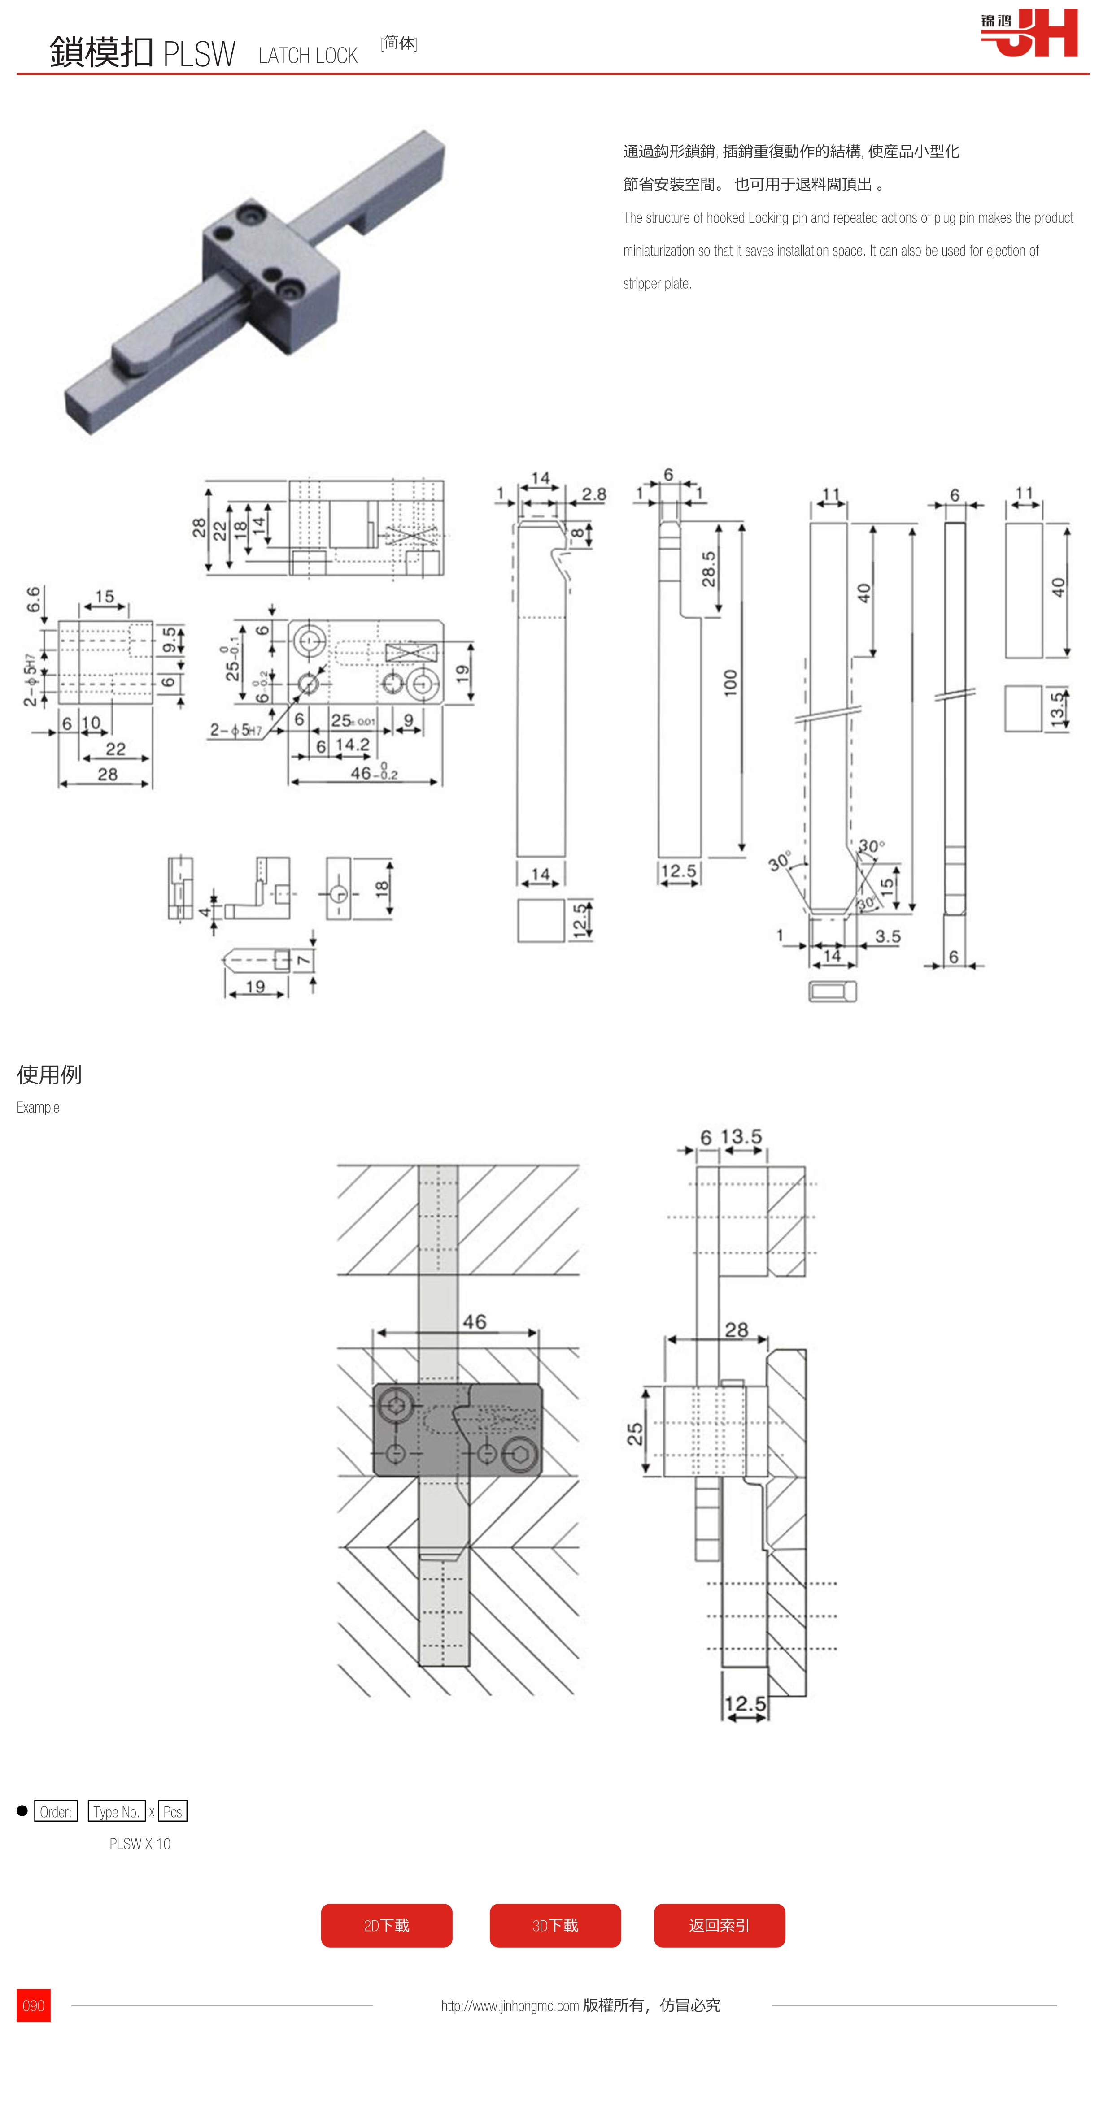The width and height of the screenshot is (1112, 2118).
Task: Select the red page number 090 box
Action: coord(34,2005)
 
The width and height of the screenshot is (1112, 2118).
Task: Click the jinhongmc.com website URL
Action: coord(510,2006)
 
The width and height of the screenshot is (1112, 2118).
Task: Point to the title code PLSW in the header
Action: coord(199,54)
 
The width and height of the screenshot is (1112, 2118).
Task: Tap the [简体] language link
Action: coord(399,43)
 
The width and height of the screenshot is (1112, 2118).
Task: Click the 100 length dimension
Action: coord(730,682)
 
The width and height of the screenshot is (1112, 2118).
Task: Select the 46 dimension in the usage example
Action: coord(475,1321)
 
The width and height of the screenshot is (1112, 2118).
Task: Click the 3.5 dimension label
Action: coord(887,936)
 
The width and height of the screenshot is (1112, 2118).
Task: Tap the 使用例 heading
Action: coord(49,1074)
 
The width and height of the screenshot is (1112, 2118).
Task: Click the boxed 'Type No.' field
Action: coord(116,1811)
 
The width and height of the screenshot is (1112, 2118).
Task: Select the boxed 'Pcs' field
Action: coord(173,1811)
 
